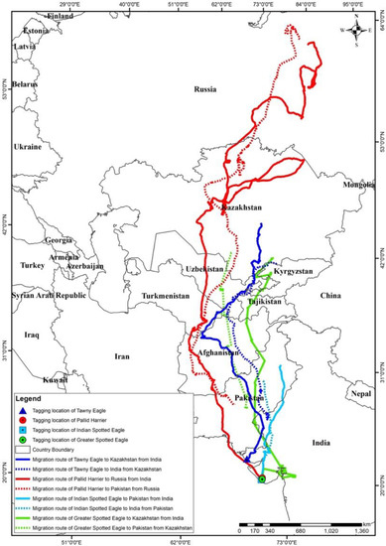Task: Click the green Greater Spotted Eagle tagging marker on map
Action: pyautogui.click(x=261, y=479)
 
